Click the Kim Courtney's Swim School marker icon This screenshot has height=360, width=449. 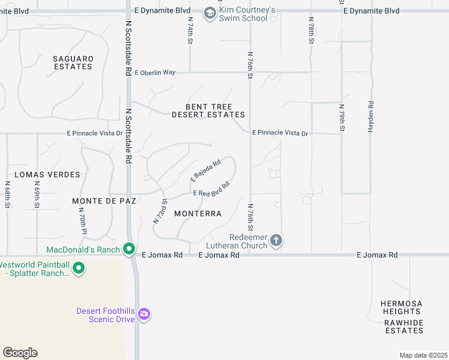tap(209, 13)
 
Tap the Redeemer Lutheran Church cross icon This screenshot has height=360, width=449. tap(276, 241)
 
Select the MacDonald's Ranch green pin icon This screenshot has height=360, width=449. tap(129, 248)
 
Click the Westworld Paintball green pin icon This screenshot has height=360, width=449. tap(78, 269)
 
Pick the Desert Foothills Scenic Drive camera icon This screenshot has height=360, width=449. tap(143, 314)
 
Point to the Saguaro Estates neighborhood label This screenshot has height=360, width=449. tap(73, 62)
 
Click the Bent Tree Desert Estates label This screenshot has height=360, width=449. tap(208, 110)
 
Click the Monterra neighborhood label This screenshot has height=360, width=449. tap(197, 214)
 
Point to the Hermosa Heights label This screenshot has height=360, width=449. tap(402, 307)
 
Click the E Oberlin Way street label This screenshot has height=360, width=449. tap(155, 72)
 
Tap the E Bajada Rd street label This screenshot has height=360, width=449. tap(206, 170)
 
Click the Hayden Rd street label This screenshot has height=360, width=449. tap(371, 112)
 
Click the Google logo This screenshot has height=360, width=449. tap(20, 353)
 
